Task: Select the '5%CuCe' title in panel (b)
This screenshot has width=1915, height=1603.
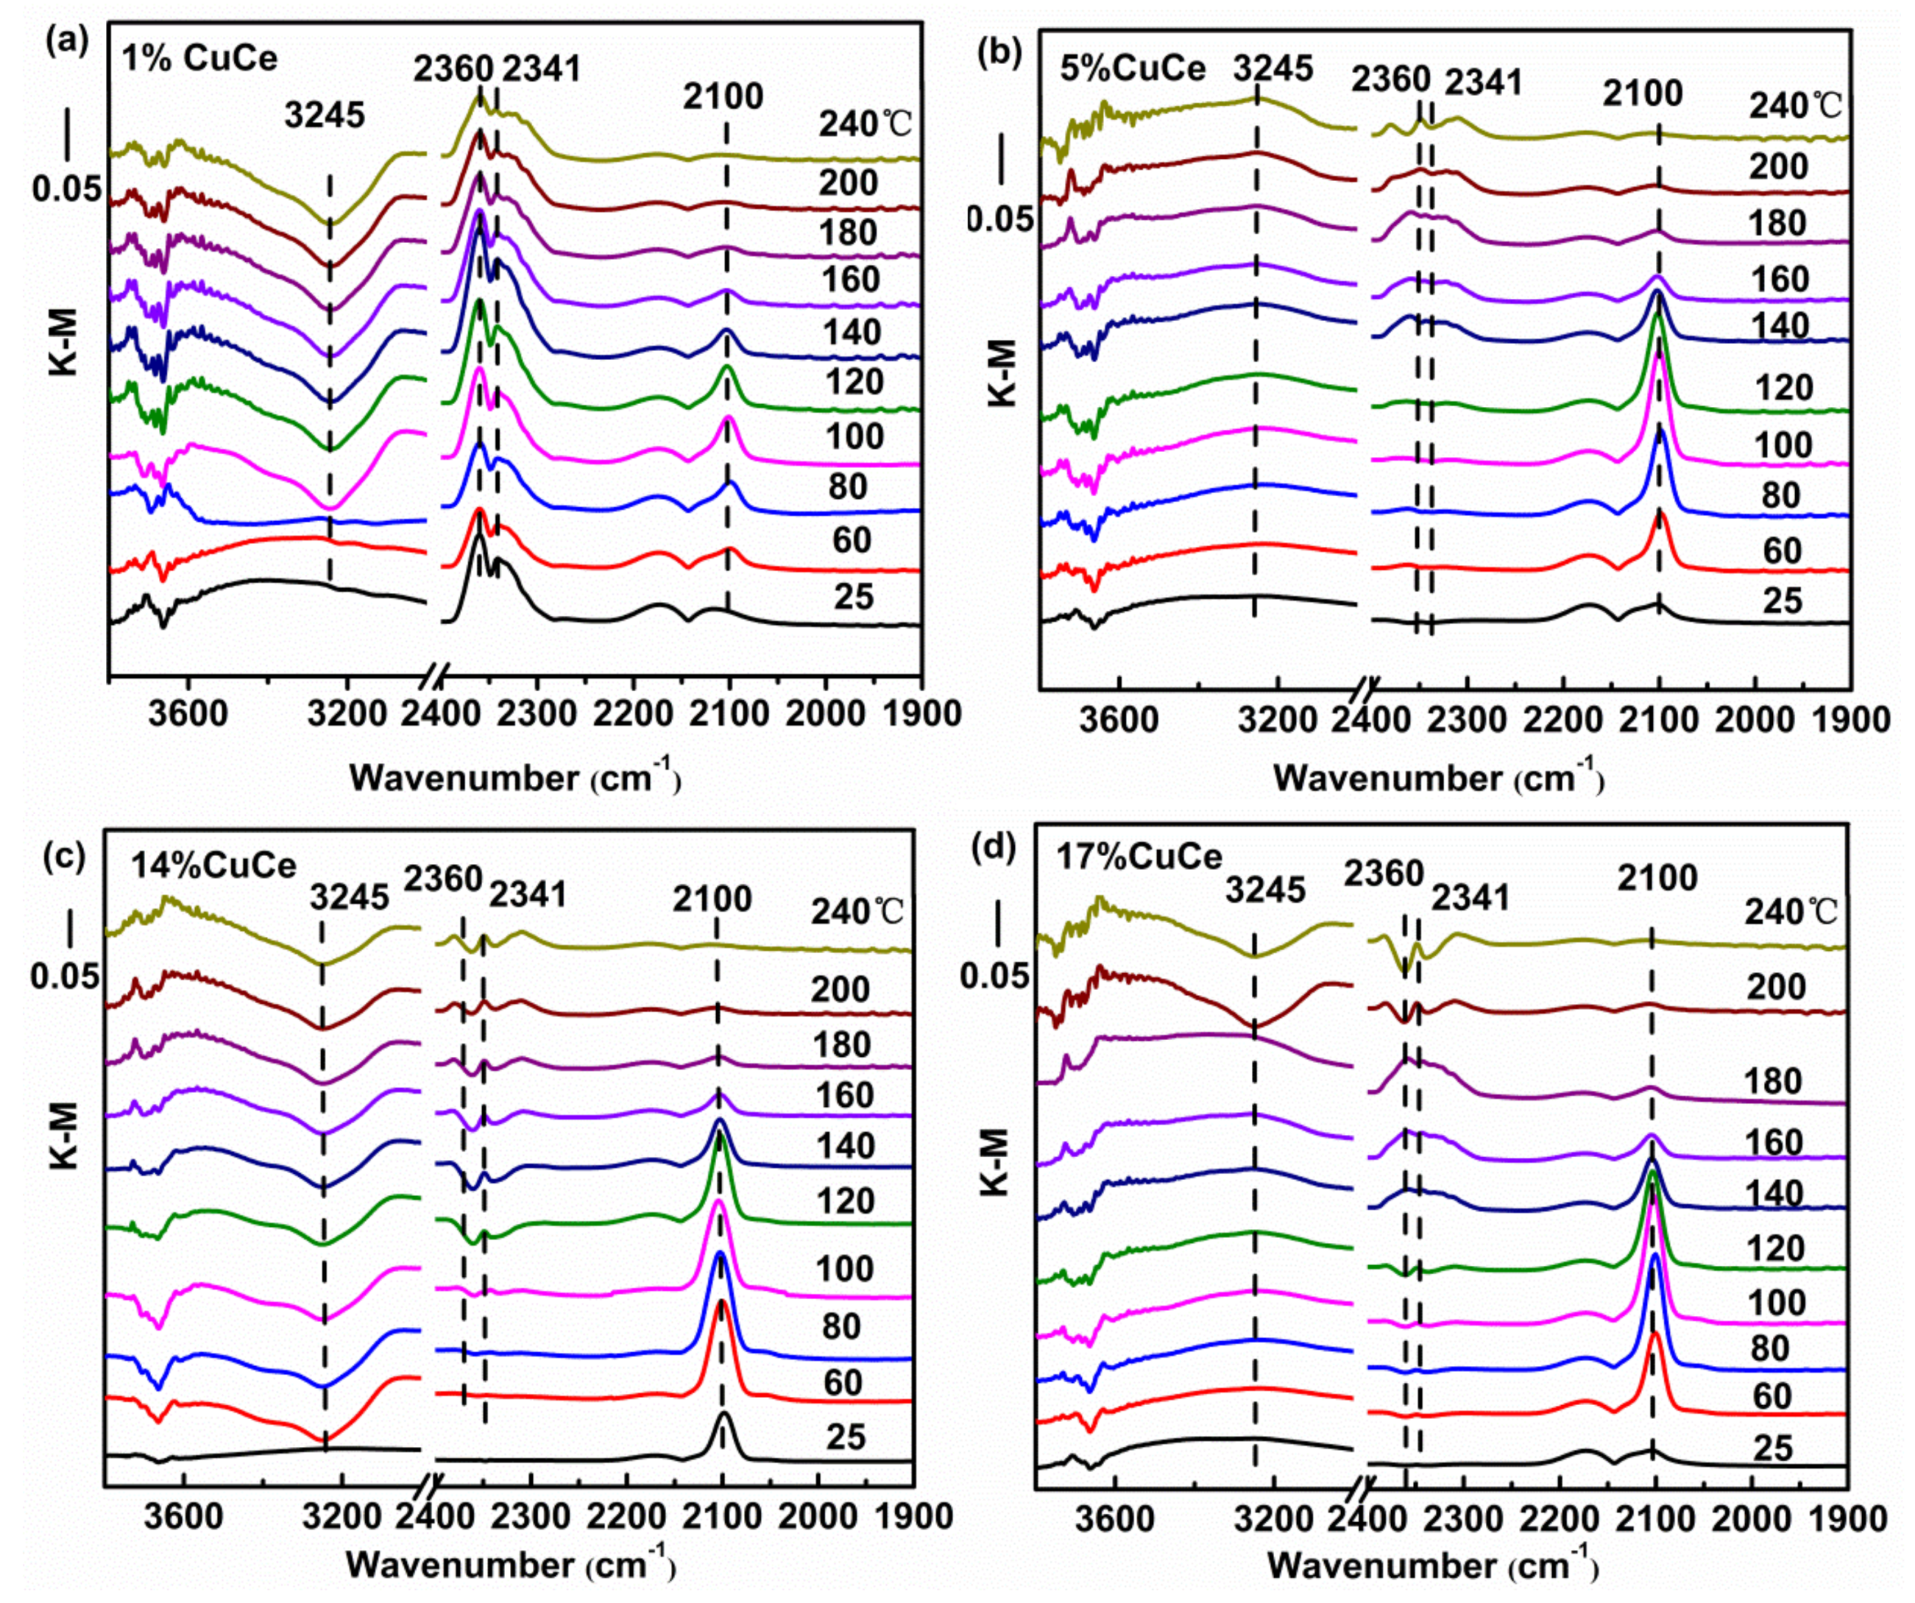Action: [1133, 68]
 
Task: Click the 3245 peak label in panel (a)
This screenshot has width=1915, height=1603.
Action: [325, 116]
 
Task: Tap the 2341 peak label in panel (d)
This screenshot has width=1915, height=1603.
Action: [1470, 899]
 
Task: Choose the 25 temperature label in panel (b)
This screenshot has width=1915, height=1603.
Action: [1782, 601]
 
